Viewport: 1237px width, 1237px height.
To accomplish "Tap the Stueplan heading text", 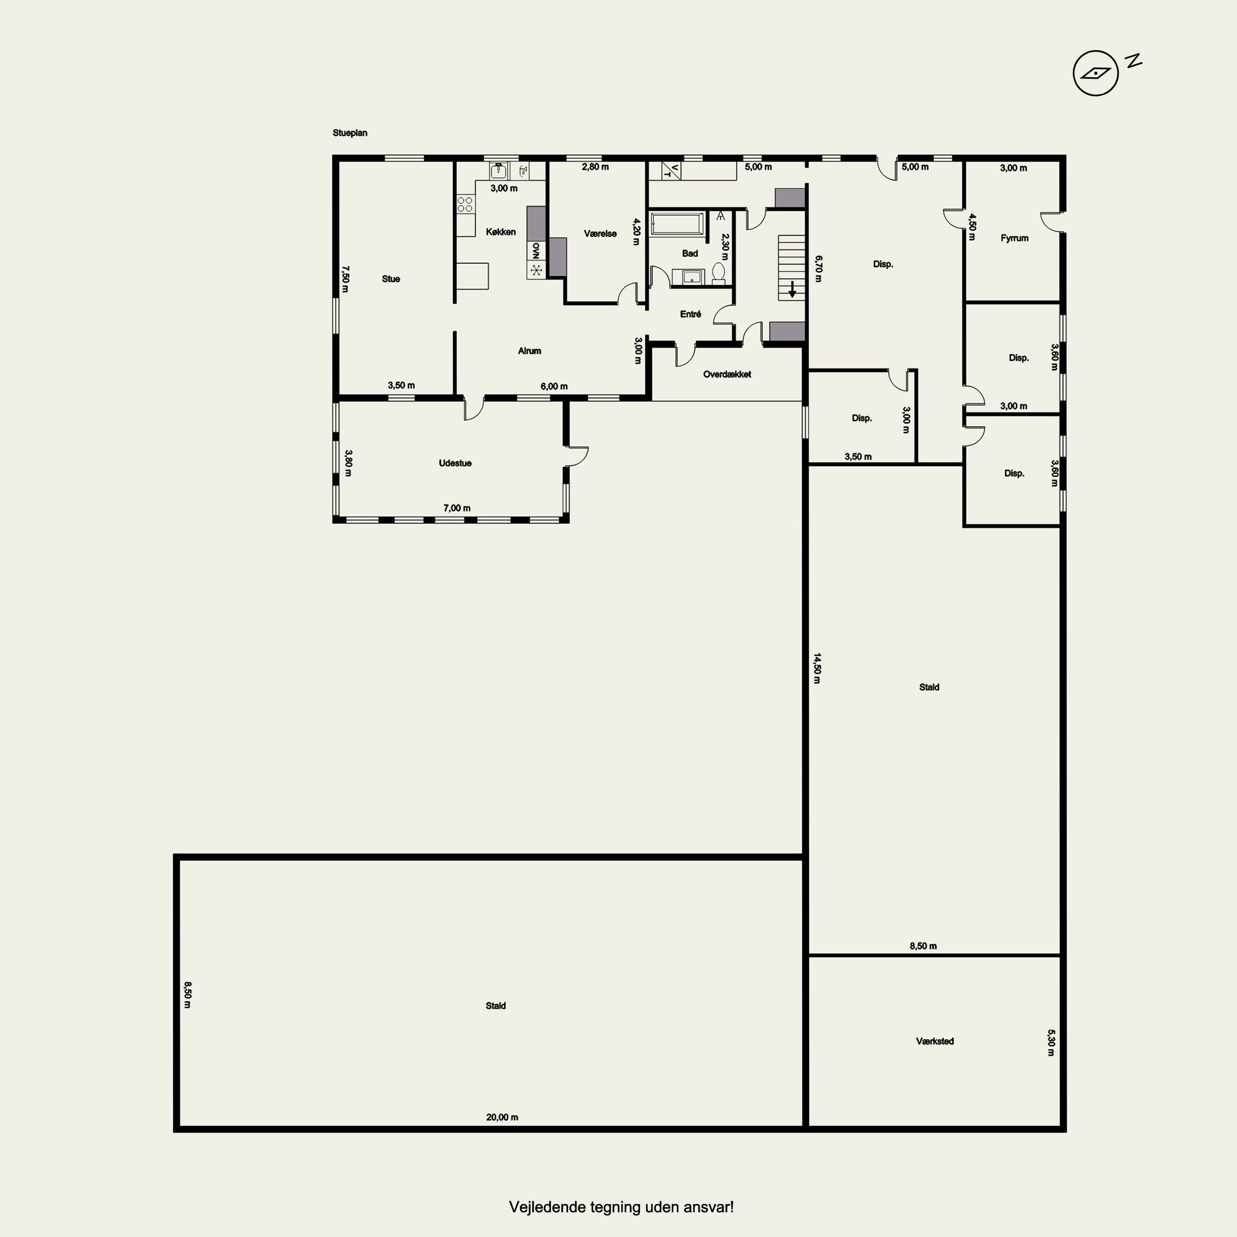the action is coord(350,133).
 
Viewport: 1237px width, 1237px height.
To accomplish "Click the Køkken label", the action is coord(501,232).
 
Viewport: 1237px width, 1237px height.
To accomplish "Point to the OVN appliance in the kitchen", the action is coord(536,250).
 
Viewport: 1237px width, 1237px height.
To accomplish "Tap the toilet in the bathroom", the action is coord(718,273).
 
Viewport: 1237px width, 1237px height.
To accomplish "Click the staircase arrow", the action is coord(792,289).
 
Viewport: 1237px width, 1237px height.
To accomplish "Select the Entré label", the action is coord(690,314).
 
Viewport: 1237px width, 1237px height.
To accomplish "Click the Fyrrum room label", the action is coord(1014,238).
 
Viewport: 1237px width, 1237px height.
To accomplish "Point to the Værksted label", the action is coord(935,1042).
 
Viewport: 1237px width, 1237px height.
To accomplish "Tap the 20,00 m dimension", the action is coord(502,1117).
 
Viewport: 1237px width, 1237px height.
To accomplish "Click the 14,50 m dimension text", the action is coord(817,668).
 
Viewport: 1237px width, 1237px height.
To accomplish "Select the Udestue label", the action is coord(455,463).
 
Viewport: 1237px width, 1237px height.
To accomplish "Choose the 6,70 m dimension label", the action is coord(818,269).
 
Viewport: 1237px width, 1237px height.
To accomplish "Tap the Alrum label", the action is coord(529,351).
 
